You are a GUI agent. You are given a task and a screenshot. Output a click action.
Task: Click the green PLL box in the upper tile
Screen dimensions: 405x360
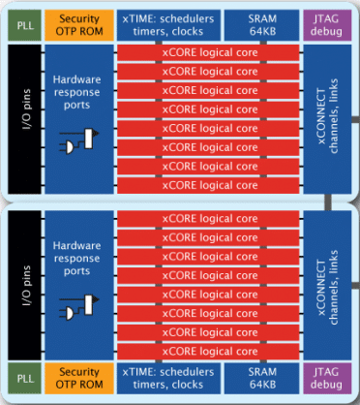(20, 24)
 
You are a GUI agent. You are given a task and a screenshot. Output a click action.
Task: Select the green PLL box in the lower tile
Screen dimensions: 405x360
(20, 379)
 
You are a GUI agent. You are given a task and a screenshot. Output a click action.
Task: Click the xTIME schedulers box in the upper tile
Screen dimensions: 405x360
(167, 24)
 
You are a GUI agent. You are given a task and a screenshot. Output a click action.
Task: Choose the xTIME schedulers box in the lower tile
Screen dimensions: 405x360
(167, 379)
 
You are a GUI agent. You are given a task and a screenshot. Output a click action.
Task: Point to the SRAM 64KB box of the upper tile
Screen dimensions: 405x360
(256, 24)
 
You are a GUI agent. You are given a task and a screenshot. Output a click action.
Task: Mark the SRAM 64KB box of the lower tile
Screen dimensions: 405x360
(256, 379)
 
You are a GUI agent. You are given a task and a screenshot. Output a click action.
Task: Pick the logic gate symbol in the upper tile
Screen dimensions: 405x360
(77, 141)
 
